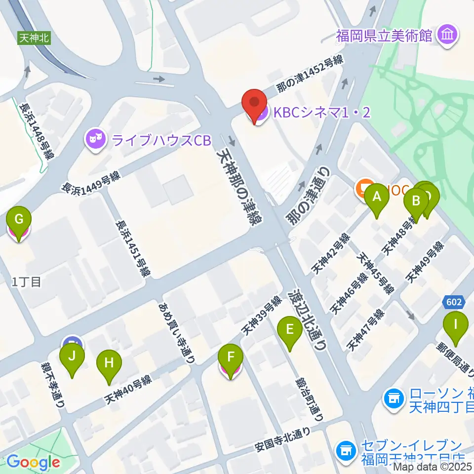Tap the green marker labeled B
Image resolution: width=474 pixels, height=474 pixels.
click(416, 201)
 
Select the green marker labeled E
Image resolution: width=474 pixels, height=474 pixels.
click(289, 329)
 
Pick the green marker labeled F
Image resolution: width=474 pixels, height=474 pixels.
click(231, 357)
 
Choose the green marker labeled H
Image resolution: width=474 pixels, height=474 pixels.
click(109, 363)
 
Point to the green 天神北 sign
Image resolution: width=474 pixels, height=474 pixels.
click(34, 39)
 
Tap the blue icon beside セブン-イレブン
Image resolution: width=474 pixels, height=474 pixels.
click(345, 450)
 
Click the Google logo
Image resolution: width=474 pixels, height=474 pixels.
click(33, 463)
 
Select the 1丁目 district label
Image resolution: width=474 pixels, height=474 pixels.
click(27, 282)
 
